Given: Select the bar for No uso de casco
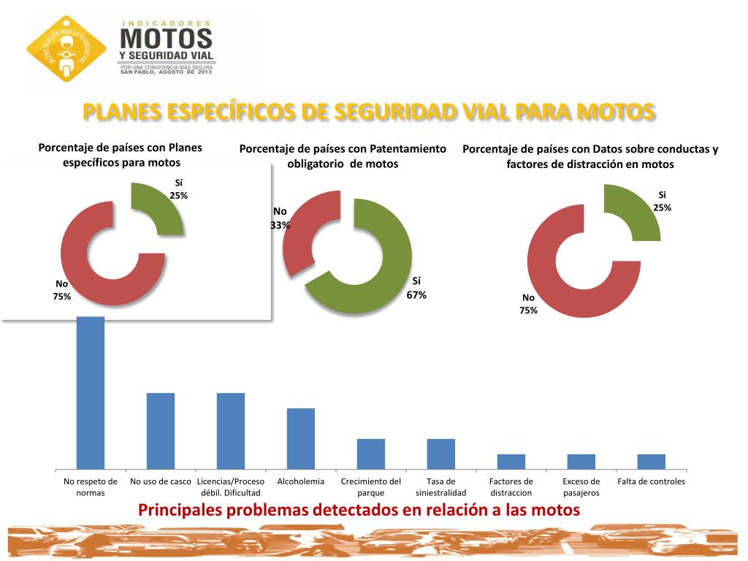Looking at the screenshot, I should [x=161, y=431].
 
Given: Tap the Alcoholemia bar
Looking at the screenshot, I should [x=301, y=438].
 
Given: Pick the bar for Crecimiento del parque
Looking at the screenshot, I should [x=371, y=454].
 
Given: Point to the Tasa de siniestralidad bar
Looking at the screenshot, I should [x=441, y=454].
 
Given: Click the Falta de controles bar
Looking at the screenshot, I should [x=652, y=461].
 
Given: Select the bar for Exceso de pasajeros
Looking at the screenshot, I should [x=581, y=461].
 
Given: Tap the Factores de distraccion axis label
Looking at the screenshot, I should [x=511, y=487].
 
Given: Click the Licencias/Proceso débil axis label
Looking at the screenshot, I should [x=231, y=487].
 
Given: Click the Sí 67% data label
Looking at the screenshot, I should [x=416, y=289].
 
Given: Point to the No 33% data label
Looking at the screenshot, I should [x=280, y=218].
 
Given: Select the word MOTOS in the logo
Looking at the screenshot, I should [x=167, y=38].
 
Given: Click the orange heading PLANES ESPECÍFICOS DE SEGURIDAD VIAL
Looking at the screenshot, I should [x=368, y=112].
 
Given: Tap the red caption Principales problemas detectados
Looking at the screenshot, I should [x=359, y=510].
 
